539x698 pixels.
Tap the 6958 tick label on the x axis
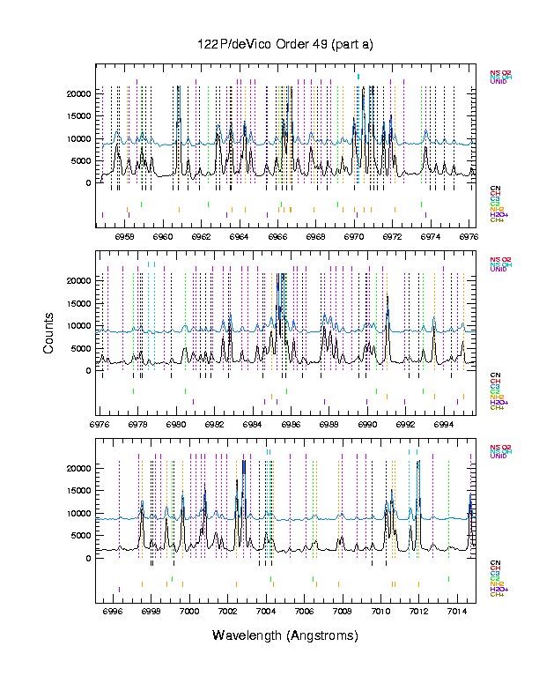[x=125, y=236]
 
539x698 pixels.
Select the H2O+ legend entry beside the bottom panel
[x=499, y=589]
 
